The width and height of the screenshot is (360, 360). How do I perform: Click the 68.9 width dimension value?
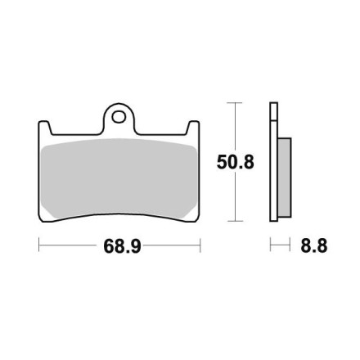pos(122,246)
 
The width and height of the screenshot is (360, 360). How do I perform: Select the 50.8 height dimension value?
pos(236,162)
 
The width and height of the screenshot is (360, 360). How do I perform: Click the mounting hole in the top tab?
pos(119,117)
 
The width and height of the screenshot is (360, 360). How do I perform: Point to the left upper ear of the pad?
pos(44,128)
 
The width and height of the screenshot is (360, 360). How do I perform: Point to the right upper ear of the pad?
pos(193,128)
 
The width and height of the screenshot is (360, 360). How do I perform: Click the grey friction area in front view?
pos(119,178)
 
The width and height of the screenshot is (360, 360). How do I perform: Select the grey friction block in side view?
pos(285,178)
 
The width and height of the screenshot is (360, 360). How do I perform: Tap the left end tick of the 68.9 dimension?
pos(39,245)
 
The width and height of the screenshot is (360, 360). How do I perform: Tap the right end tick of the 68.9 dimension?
pos(200,245)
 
